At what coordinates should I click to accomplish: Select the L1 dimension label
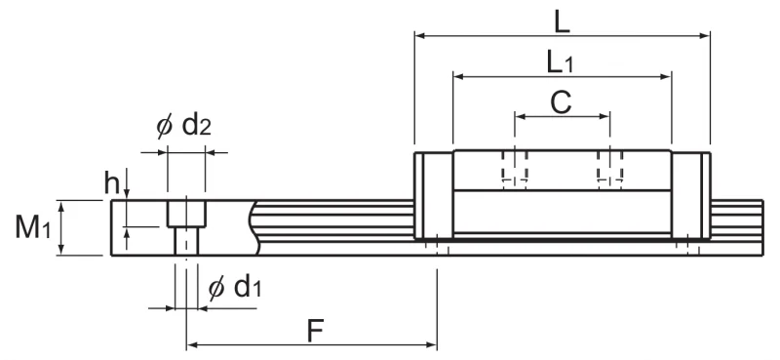coord(560,63)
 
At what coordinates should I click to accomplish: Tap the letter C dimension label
coord(562,103)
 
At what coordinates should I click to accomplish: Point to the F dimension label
coord(315,331)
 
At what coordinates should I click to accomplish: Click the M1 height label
coord(33,227)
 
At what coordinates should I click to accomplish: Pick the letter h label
coord(111,182)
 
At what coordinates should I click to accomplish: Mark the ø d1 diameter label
coord(234,287)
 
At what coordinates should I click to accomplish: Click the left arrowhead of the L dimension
coord(419,36)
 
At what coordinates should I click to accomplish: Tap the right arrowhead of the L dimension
coord(705,36)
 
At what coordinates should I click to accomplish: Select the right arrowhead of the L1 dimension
coord(667,77)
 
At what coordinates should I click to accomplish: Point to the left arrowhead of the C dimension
coord(520,116)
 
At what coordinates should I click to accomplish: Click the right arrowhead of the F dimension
coord(432,344)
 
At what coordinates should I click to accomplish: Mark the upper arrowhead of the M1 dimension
coord(61,205)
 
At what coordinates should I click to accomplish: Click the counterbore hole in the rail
coord(186,227)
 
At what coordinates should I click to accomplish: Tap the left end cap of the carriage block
coord(434,196)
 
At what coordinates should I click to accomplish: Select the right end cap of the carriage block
coord(691,196)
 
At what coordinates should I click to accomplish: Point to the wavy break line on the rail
coord(254,227)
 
